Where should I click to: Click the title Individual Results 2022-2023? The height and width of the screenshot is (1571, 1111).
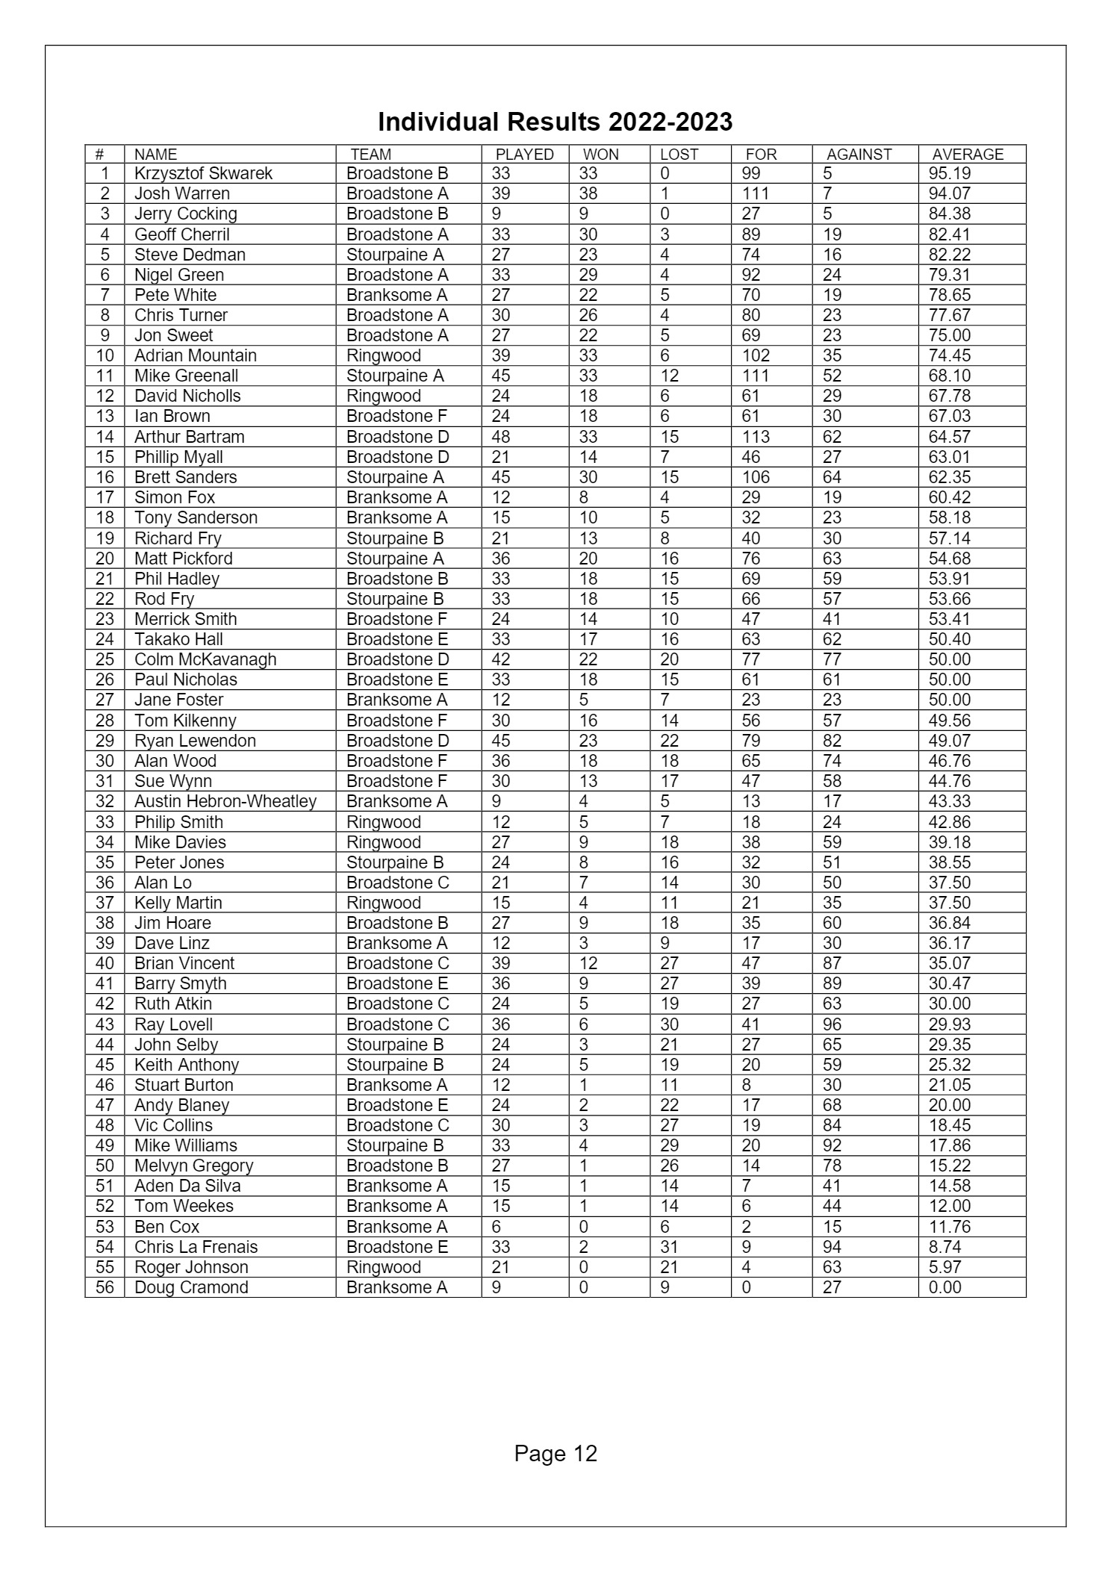click(x=555, y=122)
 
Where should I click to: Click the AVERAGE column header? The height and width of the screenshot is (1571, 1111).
click(x=968, y=155)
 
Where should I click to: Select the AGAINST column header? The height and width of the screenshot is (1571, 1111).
click(x=859, y=155)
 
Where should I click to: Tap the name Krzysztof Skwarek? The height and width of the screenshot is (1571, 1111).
click(x=203, y=174)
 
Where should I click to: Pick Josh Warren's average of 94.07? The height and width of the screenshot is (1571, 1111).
click(x=949, y=194)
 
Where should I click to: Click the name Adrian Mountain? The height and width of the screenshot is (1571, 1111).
click(x=195, y=356)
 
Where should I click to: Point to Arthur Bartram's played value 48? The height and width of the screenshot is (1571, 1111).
click(x=500, y=437)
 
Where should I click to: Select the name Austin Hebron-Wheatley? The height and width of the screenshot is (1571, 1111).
click(x=225, y=802)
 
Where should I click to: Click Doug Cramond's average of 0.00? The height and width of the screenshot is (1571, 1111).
click(x=944, y=1288)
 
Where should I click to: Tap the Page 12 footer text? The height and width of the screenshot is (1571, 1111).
click(x=555, y=1453)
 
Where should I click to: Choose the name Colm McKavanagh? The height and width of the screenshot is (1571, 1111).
click(x=205, y=660)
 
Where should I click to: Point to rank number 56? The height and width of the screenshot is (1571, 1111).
click(x=105, y=1288)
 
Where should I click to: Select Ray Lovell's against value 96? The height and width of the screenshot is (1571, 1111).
click(x=832, y=1025)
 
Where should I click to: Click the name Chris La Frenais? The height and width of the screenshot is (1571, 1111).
click(x=196, y=1248)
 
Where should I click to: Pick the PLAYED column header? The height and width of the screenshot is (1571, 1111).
click(x=525, y=155)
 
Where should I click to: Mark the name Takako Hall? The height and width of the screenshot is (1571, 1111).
click(x=178, y=640)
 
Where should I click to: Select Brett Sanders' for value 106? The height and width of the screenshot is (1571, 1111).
click(x=756, y=478)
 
